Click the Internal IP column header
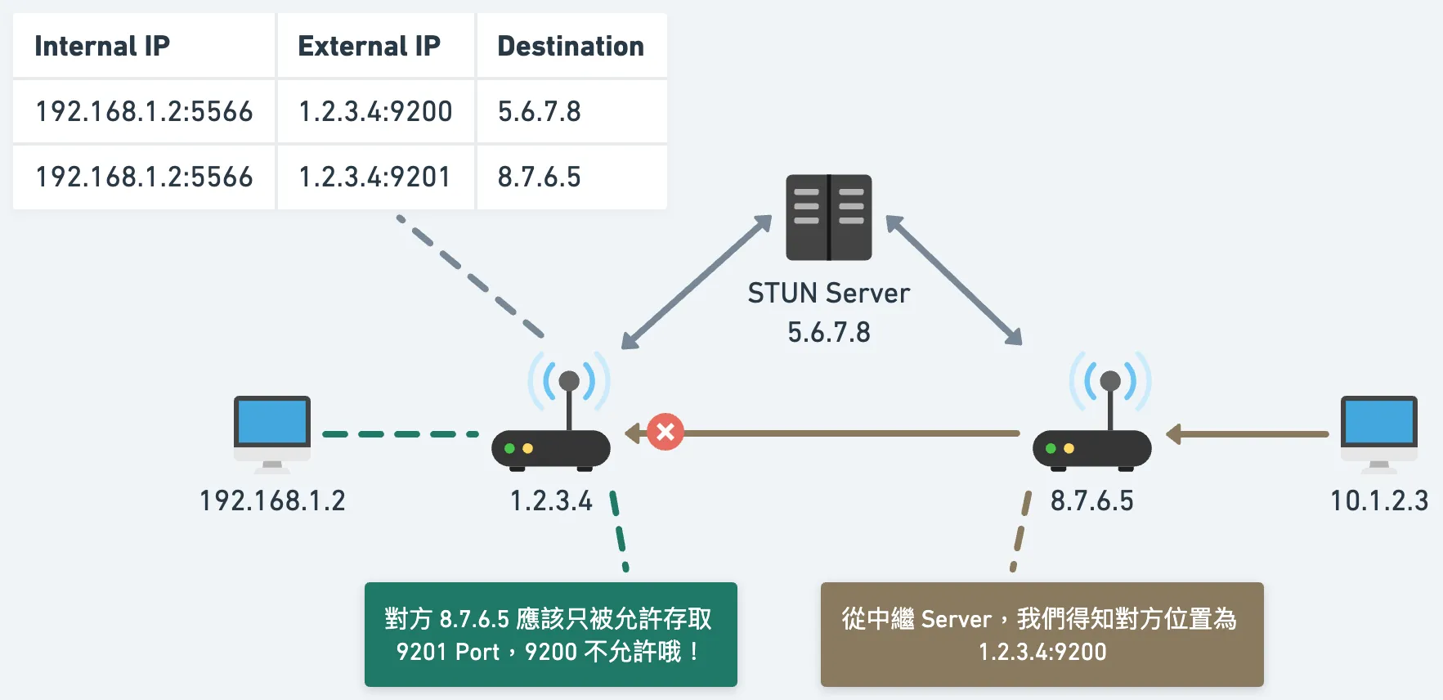102,47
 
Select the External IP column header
369,47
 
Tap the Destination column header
571,47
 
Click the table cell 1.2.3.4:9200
375,111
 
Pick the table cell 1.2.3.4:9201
374,177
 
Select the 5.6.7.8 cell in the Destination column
540,111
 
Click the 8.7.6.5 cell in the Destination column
540,177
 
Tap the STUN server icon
828,218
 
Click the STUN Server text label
828,293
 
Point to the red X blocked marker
665,432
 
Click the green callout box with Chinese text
550,635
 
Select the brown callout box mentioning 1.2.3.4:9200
1042,635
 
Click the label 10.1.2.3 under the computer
1379,500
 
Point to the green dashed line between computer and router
401,434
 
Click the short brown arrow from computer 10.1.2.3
1248,434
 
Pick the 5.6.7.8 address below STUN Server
828,333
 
